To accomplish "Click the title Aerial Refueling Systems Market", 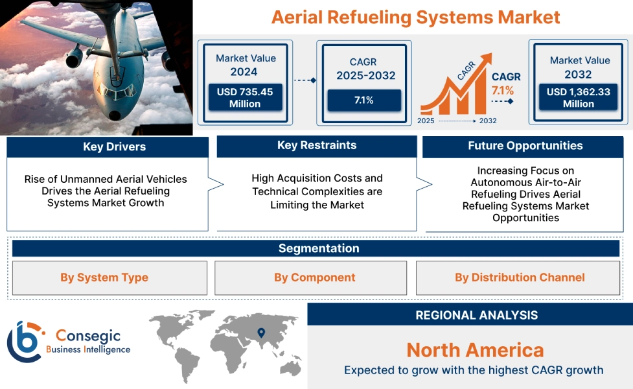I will tap(415, 17).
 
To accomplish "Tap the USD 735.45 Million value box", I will tap(244, 97).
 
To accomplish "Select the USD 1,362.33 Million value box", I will tap(578, 97).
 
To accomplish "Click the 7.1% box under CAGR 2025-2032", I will tap(363, 100).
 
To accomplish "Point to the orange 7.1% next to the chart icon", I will tap(502, 90).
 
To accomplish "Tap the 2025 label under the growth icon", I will tap(426, 121).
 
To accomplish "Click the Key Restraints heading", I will tap(316, 145).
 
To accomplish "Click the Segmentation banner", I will tap(318, 248).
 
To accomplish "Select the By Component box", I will tap(314, 277).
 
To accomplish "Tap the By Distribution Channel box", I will tap(519, 277).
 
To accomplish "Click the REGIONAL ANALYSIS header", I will tap(476, 315).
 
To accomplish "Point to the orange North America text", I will tap(475, 350).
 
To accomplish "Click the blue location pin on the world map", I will tap(261, 333).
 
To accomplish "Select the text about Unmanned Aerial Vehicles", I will tap(106, 191).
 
